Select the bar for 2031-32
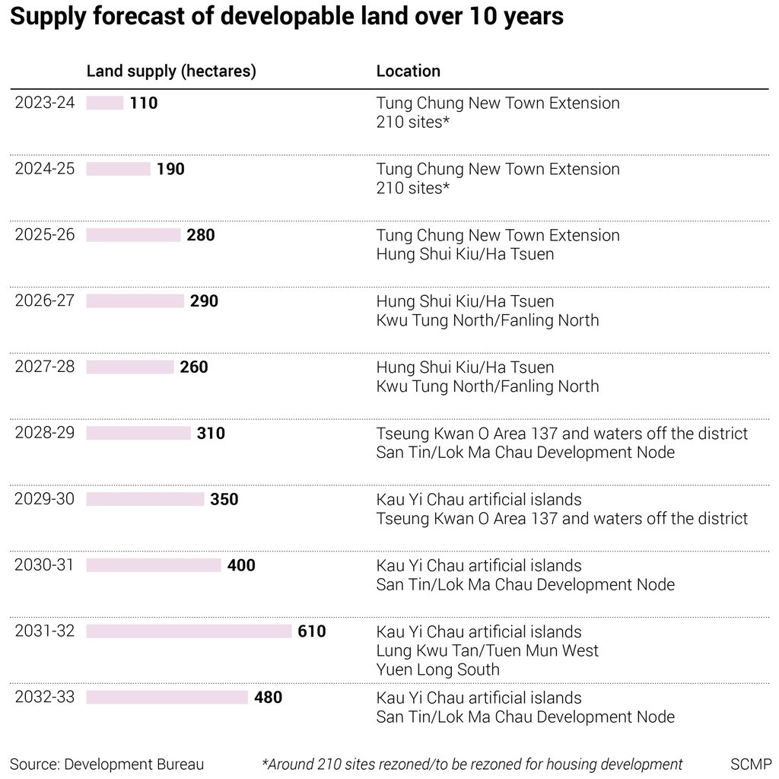[x=189, y=631]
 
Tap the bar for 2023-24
[x=105, y=103]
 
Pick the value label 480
[x=268, y=698]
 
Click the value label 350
[x=224, y=500]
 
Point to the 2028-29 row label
[x=45, y=433]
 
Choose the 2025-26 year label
[x=45, y=234]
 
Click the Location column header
[x=409, y=71]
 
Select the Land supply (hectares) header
[x=171, y=71]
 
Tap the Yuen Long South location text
[x=438, y=669]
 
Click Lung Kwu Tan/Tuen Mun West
[x=488, y=650]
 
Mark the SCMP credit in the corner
[x=751, y=764]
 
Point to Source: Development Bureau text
[x=107, y=764]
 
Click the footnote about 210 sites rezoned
[x=472, y=764]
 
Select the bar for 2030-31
[x=154, y=565]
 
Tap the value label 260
[x=194, y=367]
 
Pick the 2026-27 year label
[x=45, y=300]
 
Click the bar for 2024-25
[x=118, y=169]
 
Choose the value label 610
[x=312, y=631]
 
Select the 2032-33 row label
[x=45, y=697]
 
